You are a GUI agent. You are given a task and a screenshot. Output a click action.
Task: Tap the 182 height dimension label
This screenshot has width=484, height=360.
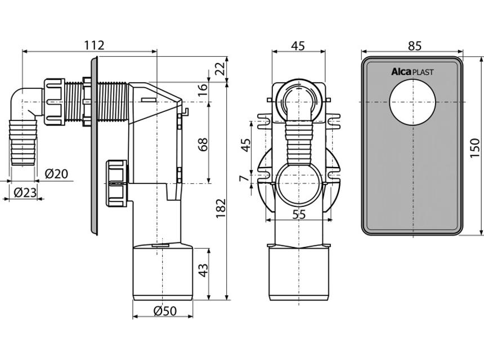click(220, 210)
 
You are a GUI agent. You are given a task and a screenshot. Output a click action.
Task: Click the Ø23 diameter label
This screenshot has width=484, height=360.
click(25, 192)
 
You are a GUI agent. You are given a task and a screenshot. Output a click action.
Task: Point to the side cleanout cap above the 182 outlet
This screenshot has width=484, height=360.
click(116, 181)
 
